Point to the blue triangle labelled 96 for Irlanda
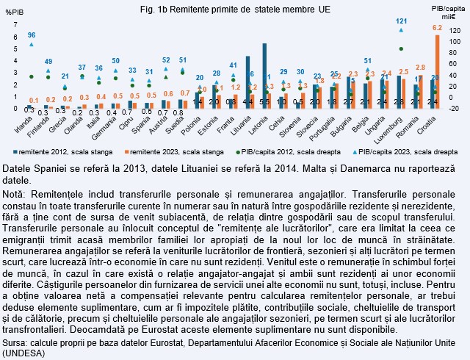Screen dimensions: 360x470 31,44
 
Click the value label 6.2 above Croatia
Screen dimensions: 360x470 438,28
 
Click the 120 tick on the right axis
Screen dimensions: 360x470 455,32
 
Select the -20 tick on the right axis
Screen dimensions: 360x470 455,108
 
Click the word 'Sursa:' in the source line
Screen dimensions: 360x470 15,343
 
